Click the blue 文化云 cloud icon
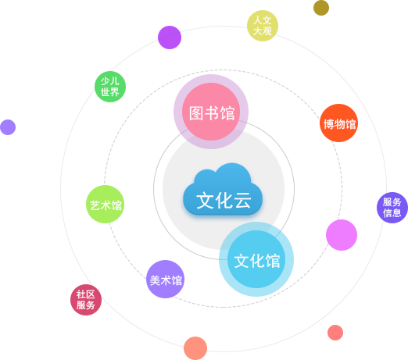point(223,189)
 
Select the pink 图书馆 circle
point(211,112)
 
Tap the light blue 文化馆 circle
point(256,259)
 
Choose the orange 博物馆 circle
point(338,123)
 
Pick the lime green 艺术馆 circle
point(106,204)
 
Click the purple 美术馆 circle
point(165,279)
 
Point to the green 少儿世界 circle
point(110,87)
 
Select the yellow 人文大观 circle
point(263,26)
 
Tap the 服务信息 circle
point(392,208)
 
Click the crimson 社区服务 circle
point(86,300)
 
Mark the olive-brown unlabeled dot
point(321,8)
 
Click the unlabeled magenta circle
point(342,235)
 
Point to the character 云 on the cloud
point(242,201)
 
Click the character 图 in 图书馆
point(196,113)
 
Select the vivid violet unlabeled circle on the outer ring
point(170,37)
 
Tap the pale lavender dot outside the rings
point(8,127)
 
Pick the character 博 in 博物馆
point(328,124)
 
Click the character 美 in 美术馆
point(155,280)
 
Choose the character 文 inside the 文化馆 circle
point(242,261)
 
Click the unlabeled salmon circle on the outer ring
point(195,348)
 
